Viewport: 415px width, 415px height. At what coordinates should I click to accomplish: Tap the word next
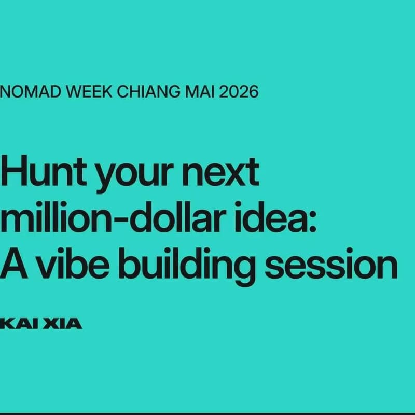coord(224,174)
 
